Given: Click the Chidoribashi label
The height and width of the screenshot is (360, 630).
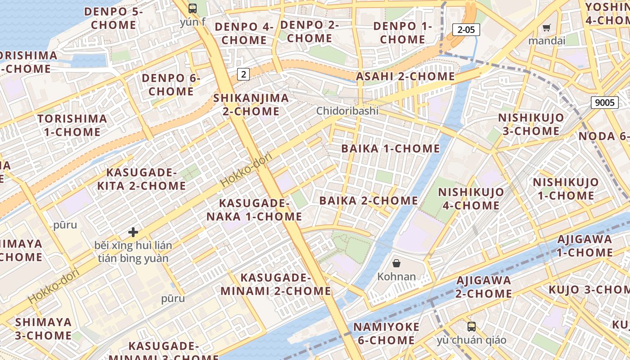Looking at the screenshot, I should click(347, 111).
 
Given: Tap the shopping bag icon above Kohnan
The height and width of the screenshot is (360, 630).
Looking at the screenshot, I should click(396, 263).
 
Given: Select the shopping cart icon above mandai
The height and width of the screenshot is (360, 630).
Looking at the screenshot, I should click(547, 28).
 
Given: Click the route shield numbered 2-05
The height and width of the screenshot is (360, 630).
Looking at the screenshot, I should click(466, 30).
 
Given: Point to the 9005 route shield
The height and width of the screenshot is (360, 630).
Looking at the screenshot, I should click(604, 102).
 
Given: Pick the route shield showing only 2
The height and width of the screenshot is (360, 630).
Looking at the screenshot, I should click(243, 74).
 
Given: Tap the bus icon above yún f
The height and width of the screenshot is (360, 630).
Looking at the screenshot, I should click(193, 8).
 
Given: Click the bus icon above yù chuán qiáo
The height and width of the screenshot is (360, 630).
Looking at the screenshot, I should click(471, 327).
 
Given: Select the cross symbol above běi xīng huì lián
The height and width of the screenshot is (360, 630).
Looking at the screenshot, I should click(133, 232).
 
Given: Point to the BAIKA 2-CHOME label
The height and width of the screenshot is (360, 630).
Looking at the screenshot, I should click(369, 201).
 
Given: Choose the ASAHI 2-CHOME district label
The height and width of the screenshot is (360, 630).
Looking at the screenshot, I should click(405, 76).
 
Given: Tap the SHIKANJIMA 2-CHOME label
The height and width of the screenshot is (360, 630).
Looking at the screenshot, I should click(251, 104).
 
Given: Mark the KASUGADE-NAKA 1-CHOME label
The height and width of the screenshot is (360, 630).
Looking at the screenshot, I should click(254, 210).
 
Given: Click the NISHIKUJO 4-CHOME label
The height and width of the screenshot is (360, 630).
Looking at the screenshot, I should click(471, 199).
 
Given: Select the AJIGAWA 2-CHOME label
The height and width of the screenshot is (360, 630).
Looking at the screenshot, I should click(483, 287).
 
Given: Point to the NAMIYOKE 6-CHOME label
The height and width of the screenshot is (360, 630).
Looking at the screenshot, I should click(386, 333).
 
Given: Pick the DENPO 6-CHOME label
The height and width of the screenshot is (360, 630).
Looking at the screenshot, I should click(171, 85).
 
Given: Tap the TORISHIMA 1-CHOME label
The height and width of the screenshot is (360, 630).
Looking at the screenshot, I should click(72, 126).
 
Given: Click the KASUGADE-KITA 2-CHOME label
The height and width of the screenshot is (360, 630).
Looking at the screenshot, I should click(141, 179).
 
